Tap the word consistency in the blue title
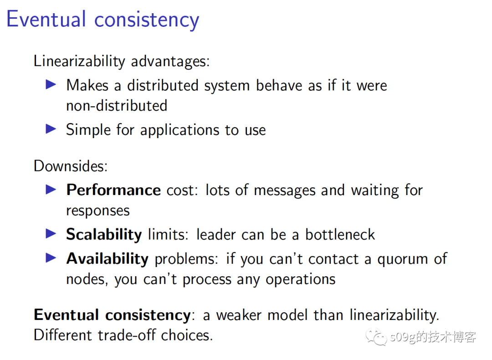(x=147, y=21)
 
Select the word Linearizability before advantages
(x=79, y=61)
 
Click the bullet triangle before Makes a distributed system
(x=51, y=84)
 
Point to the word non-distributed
(x=117, y=105)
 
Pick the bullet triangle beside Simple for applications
(x=51, y=129)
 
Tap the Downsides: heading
(x=71, y=166)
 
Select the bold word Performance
(x=113, y=190)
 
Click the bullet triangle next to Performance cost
(x=51, y=189)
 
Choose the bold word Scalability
(x=104, y=235)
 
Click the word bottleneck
(x=340, y=234)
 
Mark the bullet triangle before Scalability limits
(x=51, y=233)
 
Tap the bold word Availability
(x=108, y=259)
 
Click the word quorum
(x=403, y=260)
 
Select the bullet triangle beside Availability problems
(x=51, y=258)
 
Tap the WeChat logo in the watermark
(x=376, y=337)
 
